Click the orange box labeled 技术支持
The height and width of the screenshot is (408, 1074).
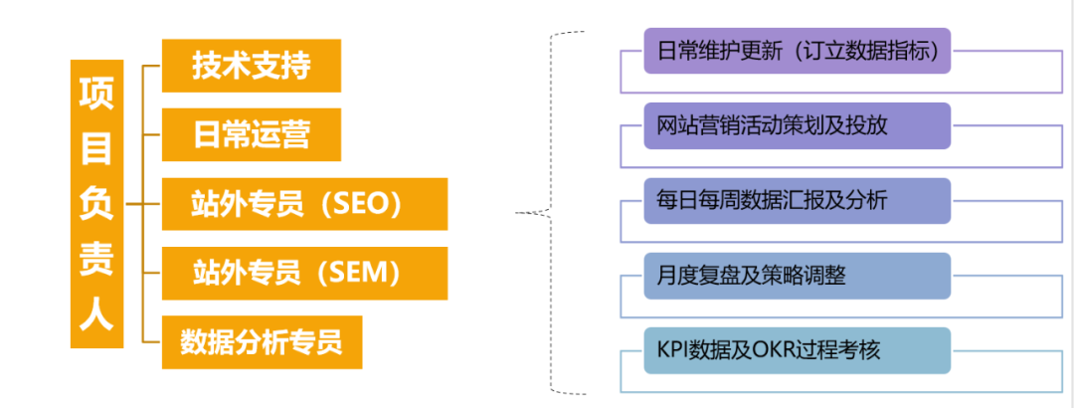point(252,66)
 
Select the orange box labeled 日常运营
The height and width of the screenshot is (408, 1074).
point(252,134)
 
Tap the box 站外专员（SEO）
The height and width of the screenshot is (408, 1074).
point(304,204)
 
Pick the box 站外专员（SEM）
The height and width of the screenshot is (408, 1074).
point(304,273)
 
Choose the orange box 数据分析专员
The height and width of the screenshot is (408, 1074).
point(262,341)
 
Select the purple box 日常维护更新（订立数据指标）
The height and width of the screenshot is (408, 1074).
point(797,51)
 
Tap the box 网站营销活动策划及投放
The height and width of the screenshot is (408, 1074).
point(797,125)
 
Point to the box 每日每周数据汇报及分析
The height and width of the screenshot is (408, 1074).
point(797,200)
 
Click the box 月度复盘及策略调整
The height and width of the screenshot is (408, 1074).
point(797,275)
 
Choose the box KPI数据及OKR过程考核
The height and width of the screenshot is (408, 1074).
point(797,349)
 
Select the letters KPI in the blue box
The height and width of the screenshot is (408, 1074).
point(674,350)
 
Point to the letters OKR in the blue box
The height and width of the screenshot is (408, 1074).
point(775,350)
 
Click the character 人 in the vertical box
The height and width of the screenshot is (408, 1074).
point(96,318)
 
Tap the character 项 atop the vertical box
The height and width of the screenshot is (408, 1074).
point(96,92)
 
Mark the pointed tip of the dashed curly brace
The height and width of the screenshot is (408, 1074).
point(517,212)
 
